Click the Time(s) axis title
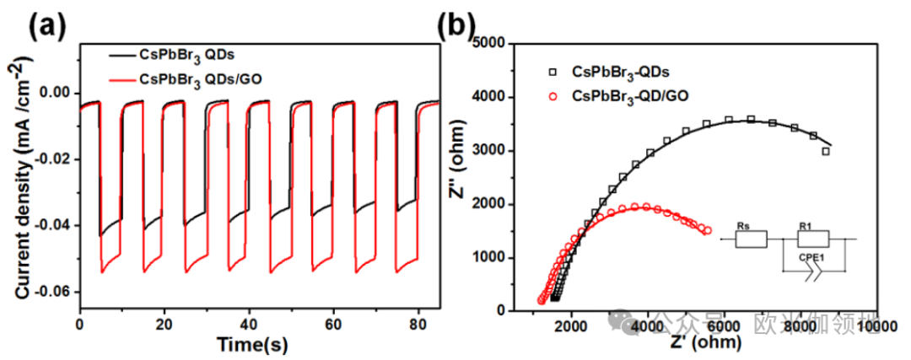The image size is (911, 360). [251, 344]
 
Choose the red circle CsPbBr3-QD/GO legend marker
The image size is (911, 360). [553, 96]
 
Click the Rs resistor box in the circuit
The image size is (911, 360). [750, 239]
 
